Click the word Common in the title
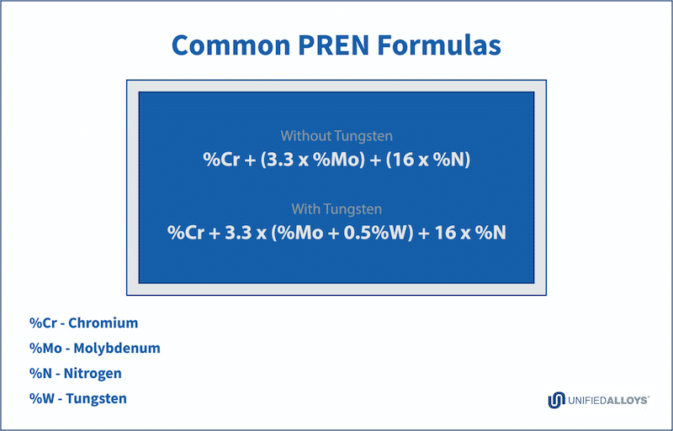(x=231, y=45)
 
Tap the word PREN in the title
(x=333, y=45)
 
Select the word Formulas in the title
(x=439, y=45)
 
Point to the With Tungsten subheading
(x=336, y=209)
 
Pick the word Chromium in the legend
(x=103, y=323)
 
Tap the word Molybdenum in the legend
(x=117, y=348)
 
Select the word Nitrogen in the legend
(x=93, y=374)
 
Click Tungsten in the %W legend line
(x=96, y=399)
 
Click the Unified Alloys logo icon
(x=556, y=400)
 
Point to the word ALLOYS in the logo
(x=628, y=401)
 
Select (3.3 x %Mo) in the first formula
(x=313, y=160)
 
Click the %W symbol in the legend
(x=41, y=399)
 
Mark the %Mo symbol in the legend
(x=45, y=348)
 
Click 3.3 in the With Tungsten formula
(x=238, y=233)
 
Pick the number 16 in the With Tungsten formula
(x=446, y=233)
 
